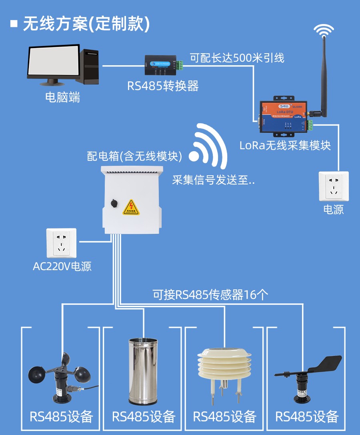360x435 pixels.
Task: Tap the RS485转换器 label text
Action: (163, 86)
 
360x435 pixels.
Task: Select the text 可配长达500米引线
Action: (237, 58)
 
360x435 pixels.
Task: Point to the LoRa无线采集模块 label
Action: (285, 145)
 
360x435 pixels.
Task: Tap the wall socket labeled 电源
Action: (333, 186)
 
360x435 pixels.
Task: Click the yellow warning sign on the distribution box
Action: (132, 206)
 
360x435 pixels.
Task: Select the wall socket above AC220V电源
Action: (61, 243)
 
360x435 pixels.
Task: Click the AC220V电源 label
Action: (62, 267)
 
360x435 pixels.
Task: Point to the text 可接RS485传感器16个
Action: (210, 295)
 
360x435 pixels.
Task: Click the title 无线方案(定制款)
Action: (86, 24)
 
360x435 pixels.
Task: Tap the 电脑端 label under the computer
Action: (62, 97)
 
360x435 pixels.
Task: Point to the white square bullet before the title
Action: (14, 24)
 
